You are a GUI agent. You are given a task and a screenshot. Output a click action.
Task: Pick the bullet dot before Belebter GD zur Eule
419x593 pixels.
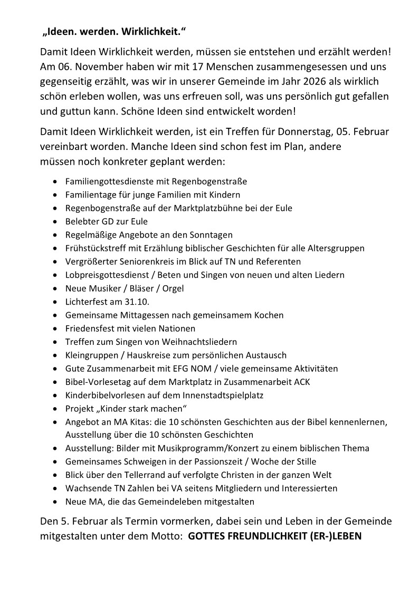pyautogui.click(x=56, y=221)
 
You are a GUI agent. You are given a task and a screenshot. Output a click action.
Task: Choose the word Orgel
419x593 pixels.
pyautogui.click(x=173, y=288)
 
